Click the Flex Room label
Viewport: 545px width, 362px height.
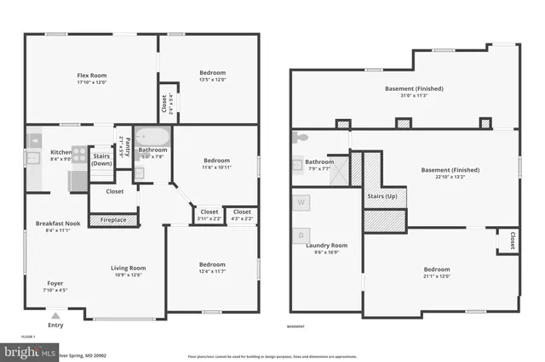click(x=90, y=76)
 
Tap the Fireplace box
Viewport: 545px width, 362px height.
click(x=114, y=220)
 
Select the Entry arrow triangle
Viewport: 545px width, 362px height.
click(x=55, y=314)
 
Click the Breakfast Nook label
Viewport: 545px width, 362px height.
click(x=58, y=223)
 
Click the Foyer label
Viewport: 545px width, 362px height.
click(x=54, y=283)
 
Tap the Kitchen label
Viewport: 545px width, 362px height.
click(x=61, y=152)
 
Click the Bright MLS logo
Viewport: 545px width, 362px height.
click(x=28, y=351)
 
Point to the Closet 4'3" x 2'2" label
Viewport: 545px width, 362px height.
click(x=242, y=212)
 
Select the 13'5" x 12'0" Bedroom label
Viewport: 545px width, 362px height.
click(x=209, y=76)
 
